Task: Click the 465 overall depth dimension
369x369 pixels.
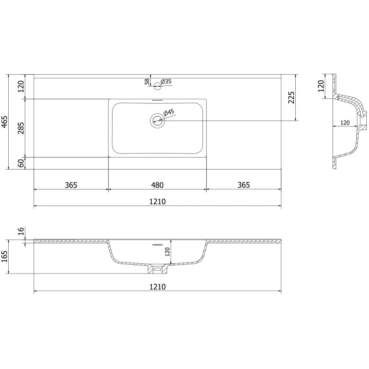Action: [x=4, y=122]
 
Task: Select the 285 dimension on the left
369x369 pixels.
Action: [x=20, y=128]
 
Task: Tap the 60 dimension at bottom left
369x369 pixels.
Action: [x=20, y=163]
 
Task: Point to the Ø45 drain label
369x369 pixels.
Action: [x=168, y=112]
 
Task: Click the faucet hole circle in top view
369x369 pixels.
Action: [x=157, y=85]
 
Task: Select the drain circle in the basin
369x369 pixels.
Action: [x=157, y=121]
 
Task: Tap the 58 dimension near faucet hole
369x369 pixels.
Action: [x=147, y=82]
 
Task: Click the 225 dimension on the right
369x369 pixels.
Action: [x=292, y=97]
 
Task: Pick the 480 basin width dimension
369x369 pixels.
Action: [x=157, y=185]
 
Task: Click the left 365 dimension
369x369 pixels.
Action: [x=71, y=185]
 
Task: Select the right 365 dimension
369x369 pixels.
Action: [x=244, y=185]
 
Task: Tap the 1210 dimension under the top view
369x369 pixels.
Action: [x=157, y=202]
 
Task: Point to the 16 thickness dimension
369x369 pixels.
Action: [x=20, y=232]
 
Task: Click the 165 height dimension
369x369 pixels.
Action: [x=4, y=256]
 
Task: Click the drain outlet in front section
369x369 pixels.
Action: [x=157, y=268]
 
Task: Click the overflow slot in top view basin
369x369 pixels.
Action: [x=157, y=100]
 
